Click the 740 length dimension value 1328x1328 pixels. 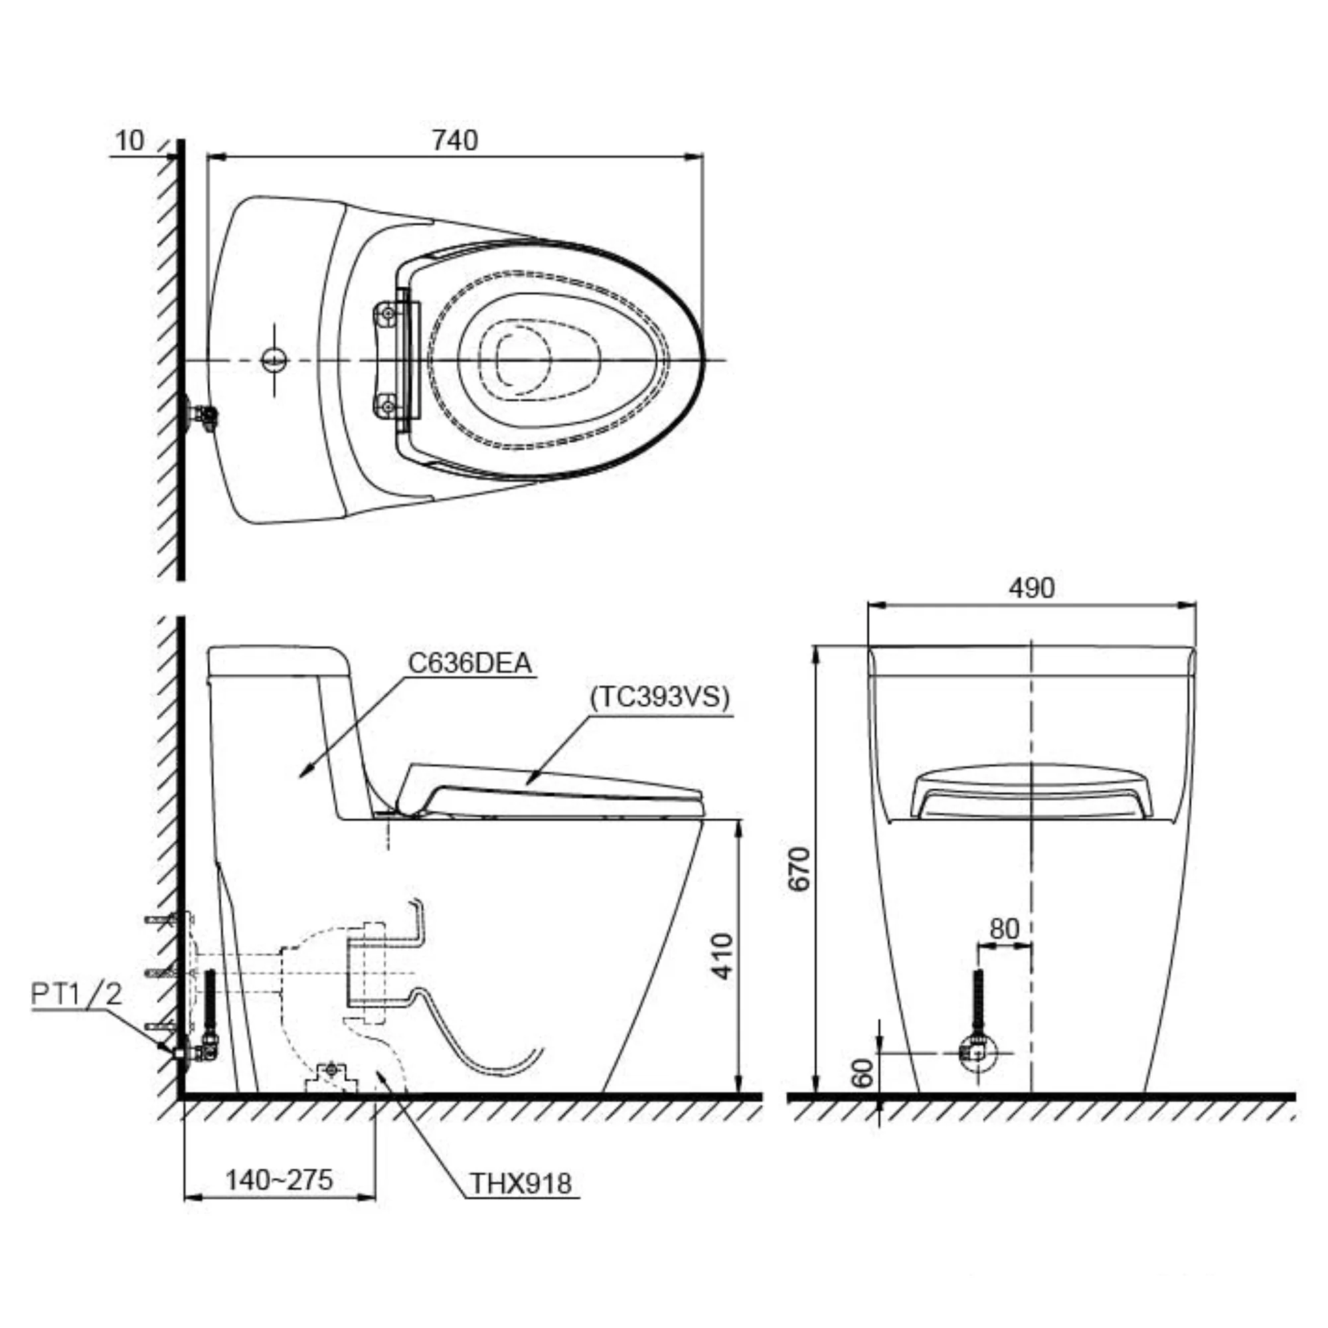pyautogui.click(x=454, y=140)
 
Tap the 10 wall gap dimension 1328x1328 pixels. pyautogui.click(x=130, y=140)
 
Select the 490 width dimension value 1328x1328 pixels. pyautogui.click(x=1031, y=588)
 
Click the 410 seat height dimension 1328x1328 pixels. pyautogui.click(x=722, y=955)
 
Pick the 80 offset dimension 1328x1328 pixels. pyautogui.click(x=1004, y=929)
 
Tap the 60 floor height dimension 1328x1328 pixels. pyautogui.click(x=863, y=1073)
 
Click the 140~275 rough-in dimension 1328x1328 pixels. pyautogui.click(x=279, y=1179)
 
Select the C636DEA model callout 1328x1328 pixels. pyautogui.click(x=470, y=663)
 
